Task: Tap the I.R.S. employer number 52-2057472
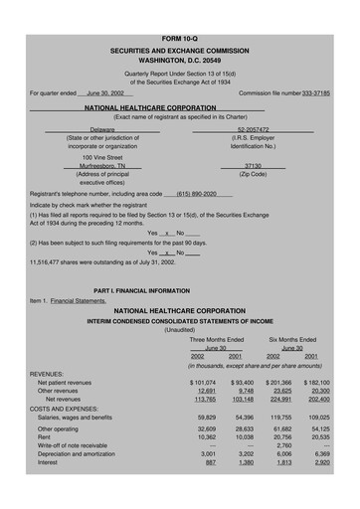[x=253, y=129]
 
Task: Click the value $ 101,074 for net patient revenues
[x=203, y=382]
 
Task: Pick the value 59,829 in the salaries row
[x=207, y=418]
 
